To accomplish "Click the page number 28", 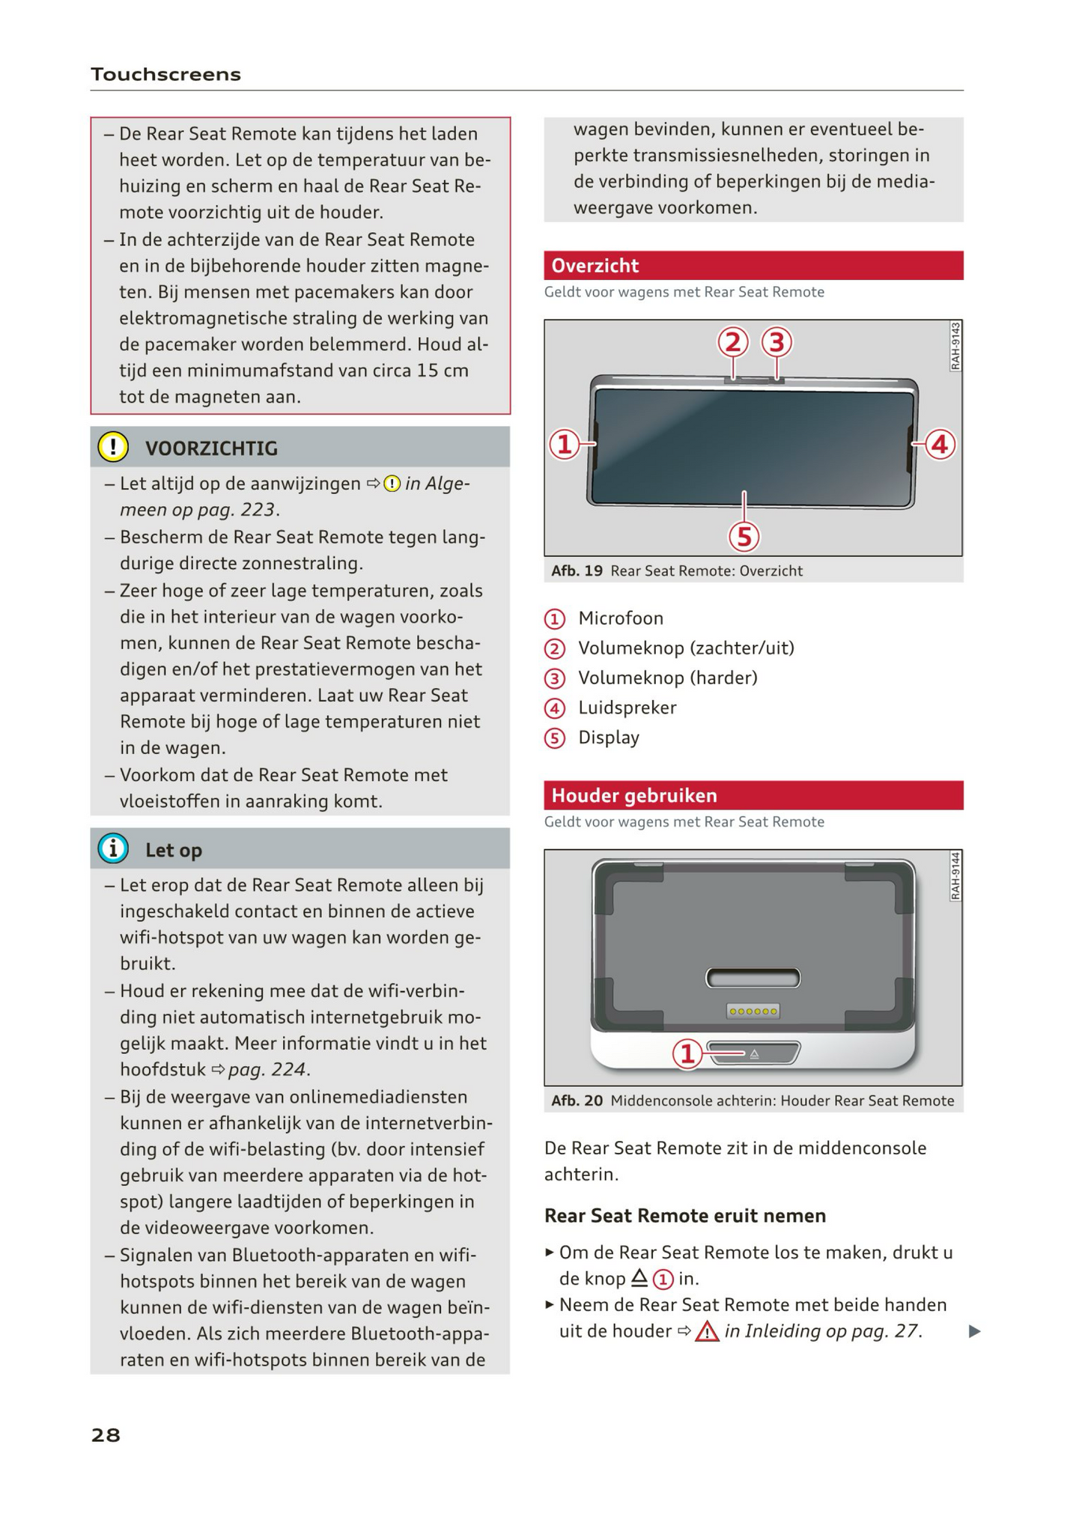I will [106, 1434].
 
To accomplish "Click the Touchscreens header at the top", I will [165, 74].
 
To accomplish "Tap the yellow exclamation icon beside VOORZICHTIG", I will [113, 447].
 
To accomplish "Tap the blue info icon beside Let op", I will [113, 849].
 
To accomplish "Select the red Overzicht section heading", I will [595, 266].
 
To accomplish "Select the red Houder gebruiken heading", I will [633, 795].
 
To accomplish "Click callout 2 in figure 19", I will [733, 343].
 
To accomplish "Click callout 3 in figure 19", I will [776, 343].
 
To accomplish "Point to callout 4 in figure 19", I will [940, 444].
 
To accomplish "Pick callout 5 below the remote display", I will [744, 536].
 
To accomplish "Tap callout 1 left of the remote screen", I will [565, 444].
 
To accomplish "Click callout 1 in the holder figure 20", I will [687, 1053].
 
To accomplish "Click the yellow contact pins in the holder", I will [753, 1011].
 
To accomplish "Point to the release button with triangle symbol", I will [755, 1053].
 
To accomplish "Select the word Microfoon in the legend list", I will [620, 618].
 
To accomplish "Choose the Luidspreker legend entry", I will [627, 707].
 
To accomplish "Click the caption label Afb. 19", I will [577, 570].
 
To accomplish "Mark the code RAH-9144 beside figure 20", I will [955, 876].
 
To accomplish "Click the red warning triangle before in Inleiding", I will [706, 1332].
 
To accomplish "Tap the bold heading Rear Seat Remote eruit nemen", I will [684, 1216].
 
